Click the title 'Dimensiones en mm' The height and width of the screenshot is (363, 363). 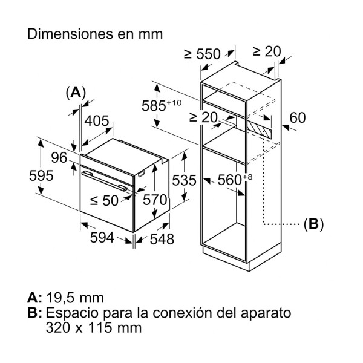tap(95, 34)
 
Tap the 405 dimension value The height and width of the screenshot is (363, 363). tap(97, 121)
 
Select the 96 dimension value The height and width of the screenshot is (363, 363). tap(58, 158)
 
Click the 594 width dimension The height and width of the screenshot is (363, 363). tap(102, 238)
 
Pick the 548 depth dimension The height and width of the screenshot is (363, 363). tap(162, 239)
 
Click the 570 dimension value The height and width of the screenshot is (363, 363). tap(154, 200)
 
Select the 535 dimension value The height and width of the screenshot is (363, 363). tap(183, 180)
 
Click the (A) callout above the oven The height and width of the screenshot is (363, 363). tap(76, 92)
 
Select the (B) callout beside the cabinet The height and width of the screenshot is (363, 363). tap(313, 224)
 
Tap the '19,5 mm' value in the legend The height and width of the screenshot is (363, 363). tap(74, 298)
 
